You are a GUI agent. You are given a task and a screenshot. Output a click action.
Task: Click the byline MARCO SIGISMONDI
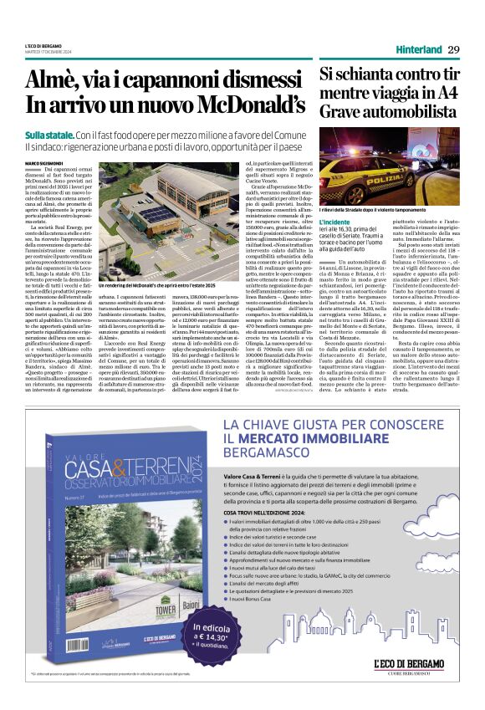point(46,161)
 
